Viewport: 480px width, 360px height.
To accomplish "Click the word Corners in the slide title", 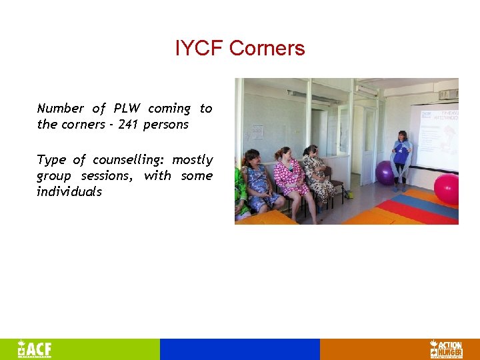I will pos(267,49).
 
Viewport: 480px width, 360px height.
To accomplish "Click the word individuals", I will pos(69,192).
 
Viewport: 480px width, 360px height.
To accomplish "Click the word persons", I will pos(165,125).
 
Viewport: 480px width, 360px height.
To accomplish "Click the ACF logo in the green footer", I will pos(35,349).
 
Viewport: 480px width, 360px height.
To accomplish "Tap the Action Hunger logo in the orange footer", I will pos(445,349).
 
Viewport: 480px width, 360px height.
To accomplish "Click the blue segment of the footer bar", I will pos(240,349).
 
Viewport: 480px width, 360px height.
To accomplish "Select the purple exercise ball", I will pos(385,173).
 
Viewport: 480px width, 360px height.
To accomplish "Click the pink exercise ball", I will pos(447,188).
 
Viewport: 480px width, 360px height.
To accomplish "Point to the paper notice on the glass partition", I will pos(257,131).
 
